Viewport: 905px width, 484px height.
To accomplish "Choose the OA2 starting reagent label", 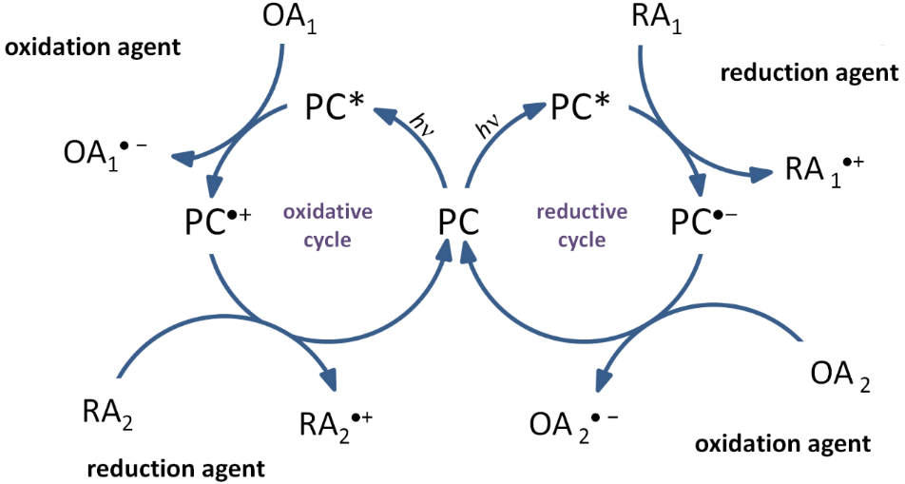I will click(839, 374).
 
